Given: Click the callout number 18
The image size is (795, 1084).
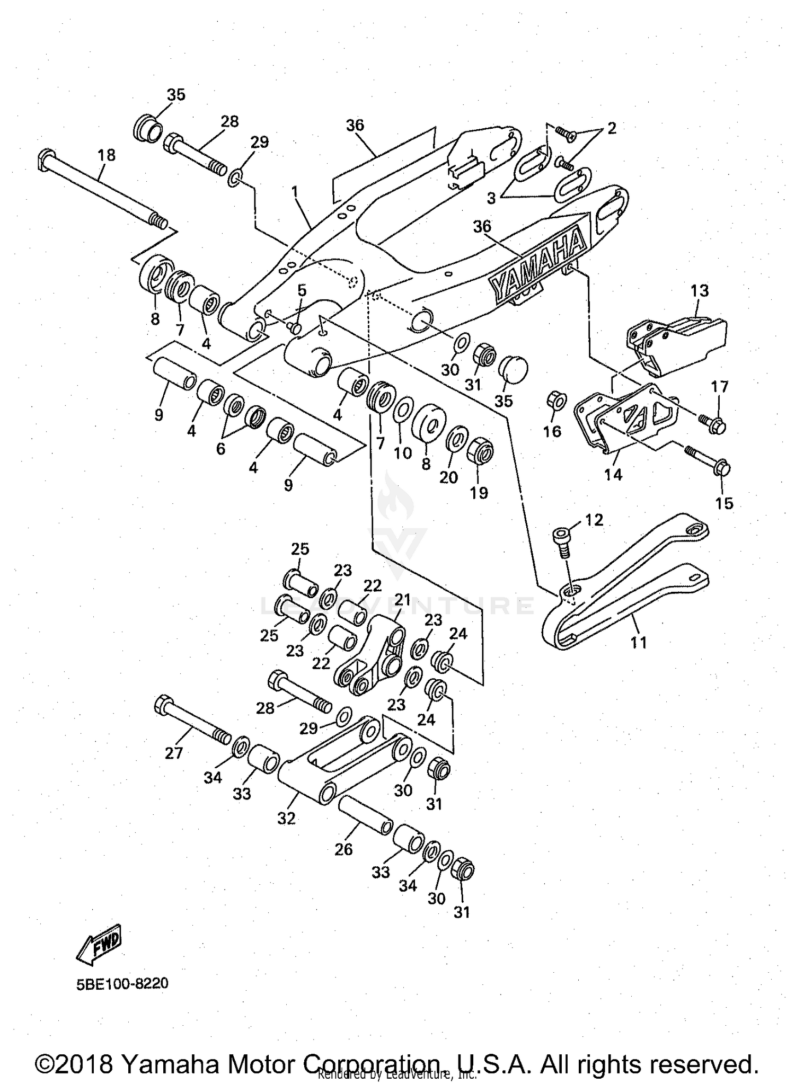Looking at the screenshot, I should [x=107, y=155].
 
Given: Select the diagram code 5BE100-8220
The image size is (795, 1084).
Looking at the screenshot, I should [x=122, y=984].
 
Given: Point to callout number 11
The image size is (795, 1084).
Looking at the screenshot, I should [x=639, y=643].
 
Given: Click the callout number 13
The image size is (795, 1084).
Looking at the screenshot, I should [x=700, y=290].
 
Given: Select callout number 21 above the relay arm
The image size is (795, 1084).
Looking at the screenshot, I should [x=403, y=600].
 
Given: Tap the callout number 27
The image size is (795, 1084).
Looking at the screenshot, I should [x=173, y=753].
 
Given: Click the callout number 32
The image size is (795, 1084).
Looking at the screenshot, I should [x=286, y=819].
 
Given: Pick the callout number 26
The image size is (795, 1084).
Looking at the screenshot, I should [x=343, y=849].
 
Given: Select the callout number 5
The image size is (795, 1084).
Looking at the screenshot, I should [x=302, y=290].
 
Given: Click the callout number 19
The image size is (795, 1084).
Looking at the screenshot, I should [x=479, y=493].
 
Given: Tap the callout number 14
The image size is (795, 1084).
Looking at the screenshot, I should [x=613, y=474].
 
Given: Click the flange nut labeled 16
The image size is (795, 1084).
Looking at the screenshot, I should [x=555, y=401].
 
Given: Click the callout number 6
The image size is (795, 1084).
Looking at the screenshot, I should [x=220, y=449].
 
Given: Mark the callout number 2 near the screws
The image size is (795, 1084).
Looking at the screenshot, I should [x=612, y=128].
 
